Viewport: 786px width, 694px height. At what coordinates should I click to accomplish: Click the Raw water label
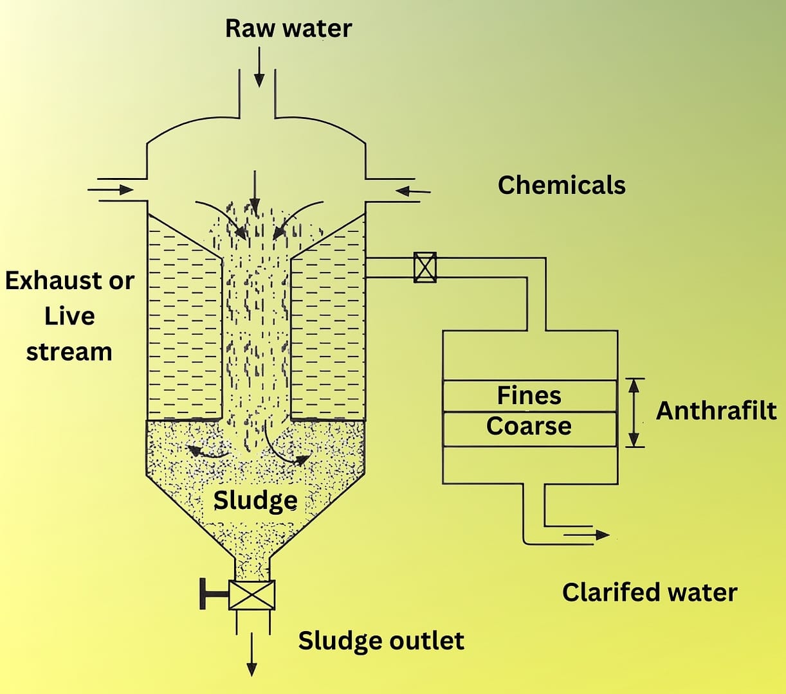point(288,28)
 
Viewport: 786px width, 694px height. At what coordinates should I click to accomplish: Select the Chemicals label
point(561,185)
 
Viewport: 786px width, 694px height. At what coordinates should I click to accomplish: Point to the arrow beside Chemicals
point(412,190)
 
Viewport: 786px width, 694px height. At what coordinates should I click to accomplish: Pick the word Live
point(69,316)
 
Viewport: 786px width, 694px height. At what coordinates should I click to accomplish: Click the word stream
point(69,351)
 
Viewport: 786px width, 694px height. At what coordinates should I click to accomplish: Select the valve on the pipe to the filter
point(425,267)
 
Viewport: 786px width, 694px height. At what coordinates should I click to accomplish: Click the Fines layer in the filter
point(529,395)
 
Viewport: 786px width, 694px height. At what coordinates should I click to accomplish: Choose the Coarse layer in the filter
point(529,426)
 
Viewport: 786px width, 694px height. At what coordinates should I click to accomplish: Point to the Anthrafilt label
point(716,411)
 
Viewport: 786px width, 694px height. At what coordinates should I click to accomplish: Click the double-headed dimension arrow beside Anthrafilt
point(635,412)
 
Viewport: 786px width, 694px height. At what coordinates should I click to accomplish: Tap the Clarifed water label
point(650,592)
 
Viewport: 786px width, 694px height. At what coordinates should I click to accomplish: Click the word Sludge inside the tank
point(255,500)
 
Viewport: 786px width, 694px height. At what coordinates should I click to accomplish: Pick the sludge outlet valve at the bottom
point(251,594)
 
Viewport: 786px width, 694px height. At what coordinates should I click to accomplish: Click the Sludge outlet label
point(381,641)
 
